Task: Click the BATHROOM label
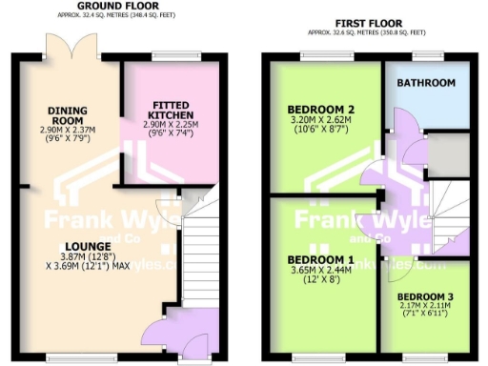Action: point(425,84)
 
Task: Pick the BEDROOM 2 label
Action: point(321,110)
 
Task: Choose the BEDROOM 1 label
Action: point(321,259)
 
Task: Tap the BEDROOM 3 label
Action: point(425,296)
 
